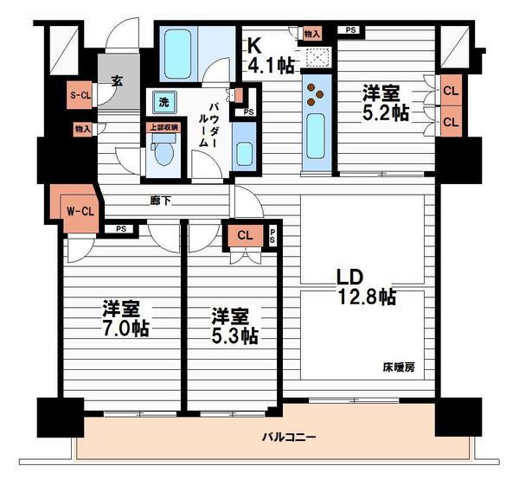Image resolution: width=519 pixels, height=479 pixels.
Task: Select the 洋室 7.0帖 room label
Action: (x=125, y=318)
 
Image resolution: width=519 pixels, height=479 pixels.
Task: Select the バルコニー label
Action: (x=289, y=436)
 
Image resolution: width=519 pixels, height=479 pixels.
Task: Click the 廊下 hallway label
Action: (x=160, y=201)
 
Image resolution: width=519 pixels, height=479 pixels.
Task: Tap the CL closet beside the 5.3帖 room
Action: (x=245, y=234)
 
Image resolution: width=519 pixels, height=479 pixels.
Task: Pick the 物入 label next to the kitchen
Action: (x=313, y=34)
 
